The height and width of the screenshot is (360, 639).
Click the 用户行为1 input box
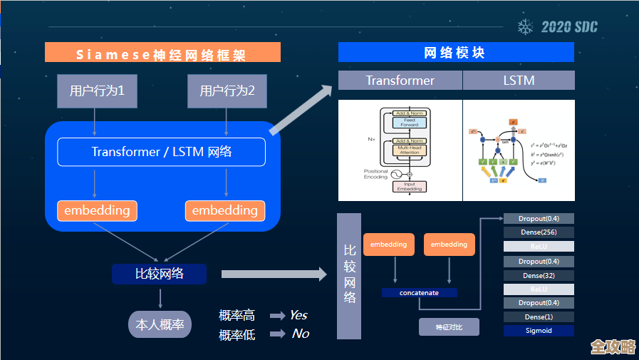96,91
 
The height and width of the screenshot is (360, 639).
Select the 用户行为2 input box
227,91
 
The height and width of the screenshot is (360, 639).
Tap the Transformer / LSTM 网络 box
161,152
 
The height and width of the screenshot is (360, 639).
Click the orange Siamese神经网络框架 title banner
162,53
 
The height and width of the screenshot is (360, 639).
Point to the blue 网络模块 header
455,53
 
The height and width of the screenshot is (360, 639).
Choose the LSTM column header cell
518,81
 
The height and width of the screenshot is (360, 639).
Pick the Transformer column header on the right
400,81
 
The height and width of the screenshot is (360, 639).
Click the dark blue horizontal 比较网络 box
159,274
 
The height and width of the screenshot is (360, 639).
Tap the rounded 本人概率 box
160,324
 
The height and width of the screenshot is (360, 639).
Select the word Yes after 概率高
298,315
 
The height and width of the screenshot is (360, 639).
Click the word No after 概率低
300,334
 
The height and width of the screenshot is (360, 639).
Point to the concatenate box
419,293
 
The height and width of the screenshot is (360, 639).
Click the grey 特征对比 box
449,327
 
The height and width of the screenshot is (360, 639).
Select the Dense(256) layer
539,232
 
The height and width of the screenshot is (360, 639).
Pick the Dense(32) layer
539,275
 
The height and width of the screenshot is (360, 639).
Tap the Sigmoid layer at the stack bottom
539,331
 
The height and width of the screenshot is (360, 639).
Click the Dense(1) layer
539,317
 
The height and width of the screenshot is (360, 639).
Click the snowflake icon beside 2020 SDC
526,27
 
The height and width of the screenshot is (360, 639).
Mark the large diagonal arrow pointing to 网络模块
301,110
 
